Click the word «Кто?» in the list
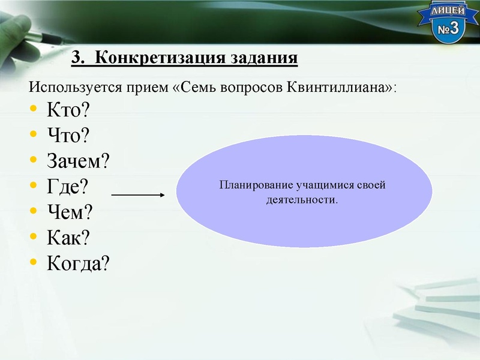pos(67,110)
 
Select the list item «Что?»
pos(68,136)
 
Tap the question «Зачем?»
pos(79,161)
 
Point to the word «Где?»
pos(67,187)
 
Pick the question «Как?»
pos(68,238)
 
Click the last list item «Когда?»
pos(79,263)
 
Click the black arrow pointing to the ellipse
pos(138,194)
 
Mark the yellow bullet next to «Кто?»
pos(33,110)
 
